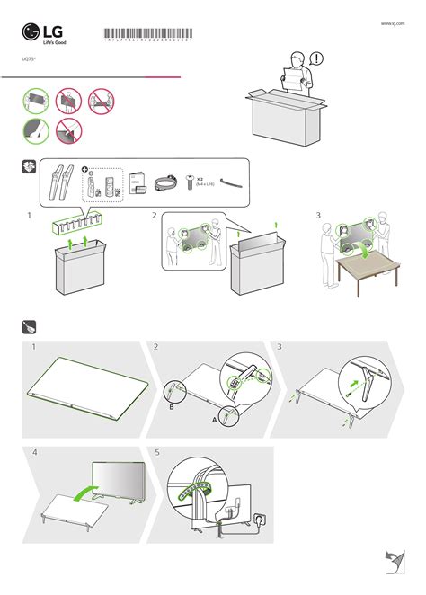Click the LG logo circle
point(31,32)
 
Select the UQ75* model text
point(29,58)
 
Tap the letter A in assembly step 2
point(214,419)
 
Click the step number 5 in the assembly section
point(157,453)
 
